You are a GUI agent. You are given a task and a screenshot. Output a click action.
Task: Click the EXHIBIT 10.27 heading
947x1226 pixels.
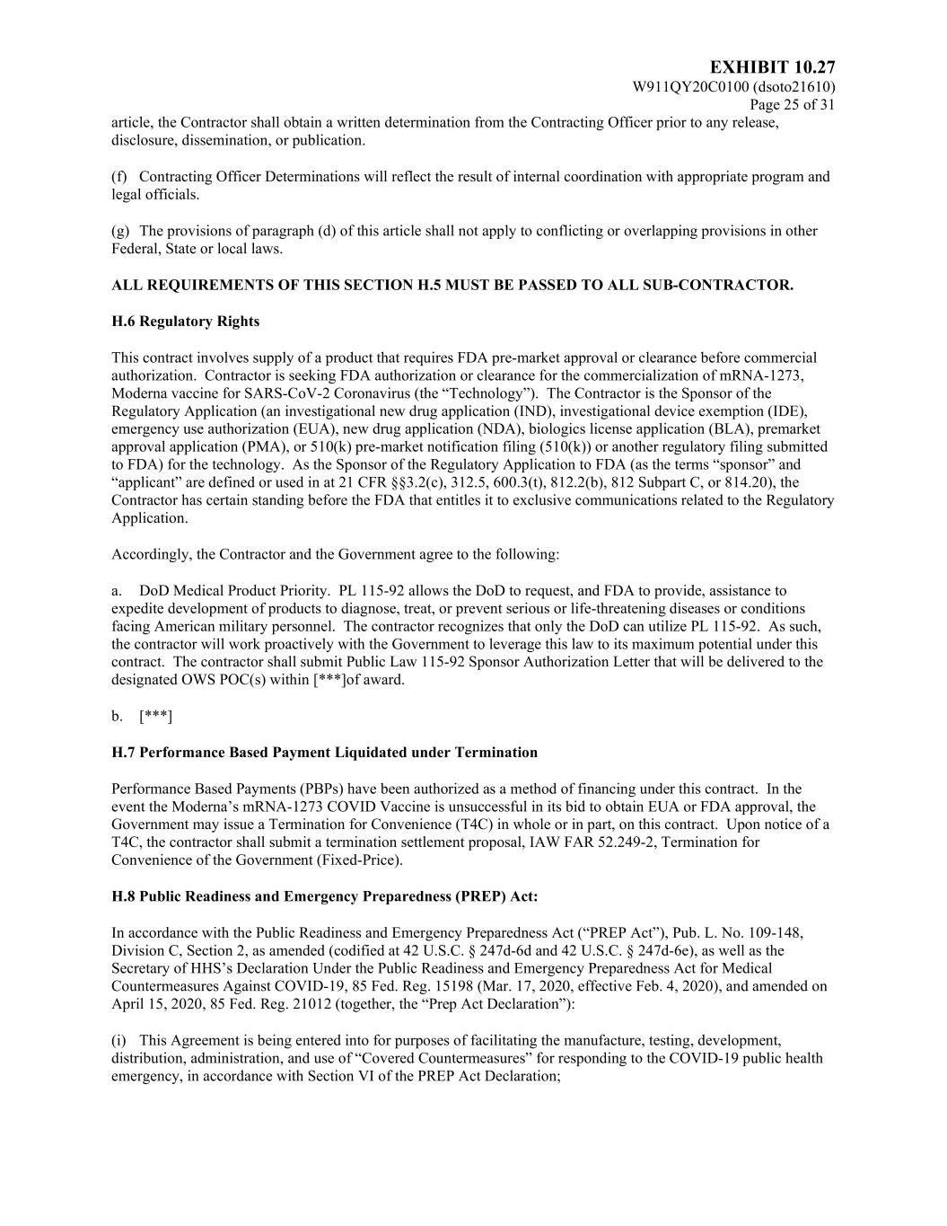(x=772, y=68)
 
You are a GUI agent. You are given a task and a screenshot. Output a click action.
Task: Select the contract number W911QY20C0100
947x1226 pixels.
(x=691, y=87)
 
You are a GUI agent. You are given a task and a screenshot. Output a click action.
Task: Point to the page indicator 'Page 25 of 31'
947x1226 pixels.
(x=793, y=105)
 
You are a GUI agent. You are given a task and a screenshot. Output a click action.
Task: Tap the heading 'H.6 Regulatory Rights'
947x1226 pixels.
(x=185, y=322)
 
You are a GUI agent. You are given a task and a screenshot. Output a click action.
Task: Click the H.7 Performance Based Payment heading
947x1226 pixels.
(x=324, y=753)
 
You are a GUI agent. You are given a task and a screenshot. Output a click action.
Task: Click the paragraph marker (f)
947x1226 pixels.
(x=119, y=177)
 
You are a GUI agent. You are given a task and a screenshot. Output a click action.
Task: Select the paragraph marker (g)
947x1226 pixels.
(x=119, y=231)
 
